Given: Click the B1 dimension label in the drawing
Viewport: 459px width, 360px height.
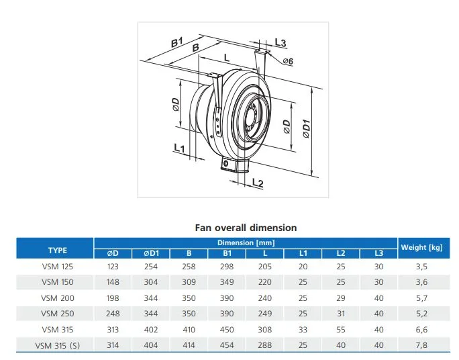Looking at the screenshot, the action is [x=176, y=42].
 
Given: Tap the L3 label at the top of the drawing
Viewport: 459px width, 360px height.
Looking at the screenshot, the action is [x=280, y=43].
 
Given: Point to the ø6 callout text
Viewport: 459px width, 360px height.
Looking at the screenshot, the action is [x=288, y=61].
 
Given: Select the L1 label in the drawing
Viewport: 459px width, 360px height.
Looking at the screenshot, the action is [x=179, y=148].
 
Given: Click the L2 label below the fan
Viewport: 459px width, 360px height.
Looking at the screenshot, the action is [x=258, y=183].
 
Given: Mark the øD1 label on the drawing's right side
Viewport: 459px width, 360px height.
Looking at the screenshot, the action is [x=306, y=128].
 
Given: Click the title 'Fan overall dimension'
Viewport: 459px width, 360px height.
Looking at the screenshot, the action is [x=246, y=228].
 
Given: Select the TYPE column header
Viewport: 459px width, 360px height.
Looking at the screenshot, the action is [x=58, y=251].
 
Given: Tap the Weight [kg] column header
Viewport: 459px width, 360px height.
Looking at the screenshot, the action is [x=421, y=248].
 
